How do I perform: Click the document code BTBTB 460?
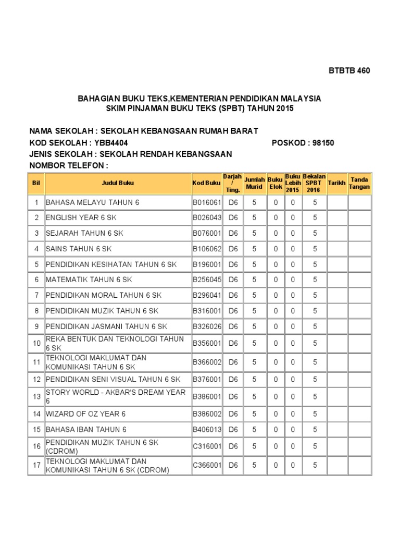(x=349, y=71)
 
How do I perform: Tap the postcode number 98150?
(x=323, y=143)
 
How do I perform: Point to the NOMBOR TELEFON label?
(x=68, y=166)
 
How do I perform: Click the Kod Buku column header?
(x=207, y=183)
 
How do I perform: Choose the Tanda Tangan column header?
(x=359, y=183)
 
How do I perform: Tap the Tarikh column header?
(x=336, y=183)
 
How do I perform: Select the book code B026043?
(x=207, y=217)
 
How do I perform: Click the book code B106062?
(x=207, y=249)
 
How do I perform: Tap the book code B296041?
(x=207, y=295)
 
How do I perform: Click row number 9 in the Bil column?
(x=36, y=326)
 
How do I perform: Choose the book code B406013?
(x=207, y=430)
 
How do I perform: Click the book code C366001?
(x=207, y=465)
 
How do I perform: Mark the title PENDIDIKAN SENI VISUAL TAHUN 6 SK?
(x=113, y=379)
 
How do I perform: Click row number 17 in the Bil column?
(x=36, y=465)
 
